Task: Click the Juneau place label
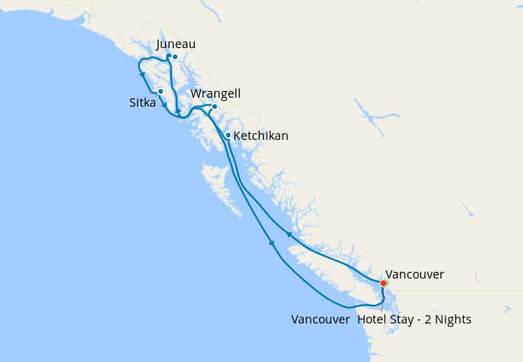(x=176, y=45)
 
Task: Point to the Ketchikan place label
(x=261, y=135)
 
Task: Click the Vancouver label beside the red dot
(x=414, y=274)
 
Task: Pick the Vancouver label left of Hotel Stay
(x=321, y=320)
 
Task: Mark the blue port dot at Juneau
(x=175, y=57)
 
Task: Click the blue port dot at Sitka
(x=160, y=91)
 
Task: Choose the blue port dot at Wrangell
(x=214, y=106)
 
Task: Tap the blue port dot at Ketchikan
(x=228, y=135)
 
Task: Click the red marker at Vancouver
(x=384, y=283)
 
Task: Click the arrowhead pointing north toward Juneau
(x=178, y=110)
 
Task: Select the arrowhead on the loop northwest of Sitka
(x=142, y=73)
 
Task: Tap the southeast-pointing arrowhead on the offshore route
(x=272, y=244)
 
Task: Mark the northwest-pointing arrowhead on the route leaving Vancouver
(x=289, y=236)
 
